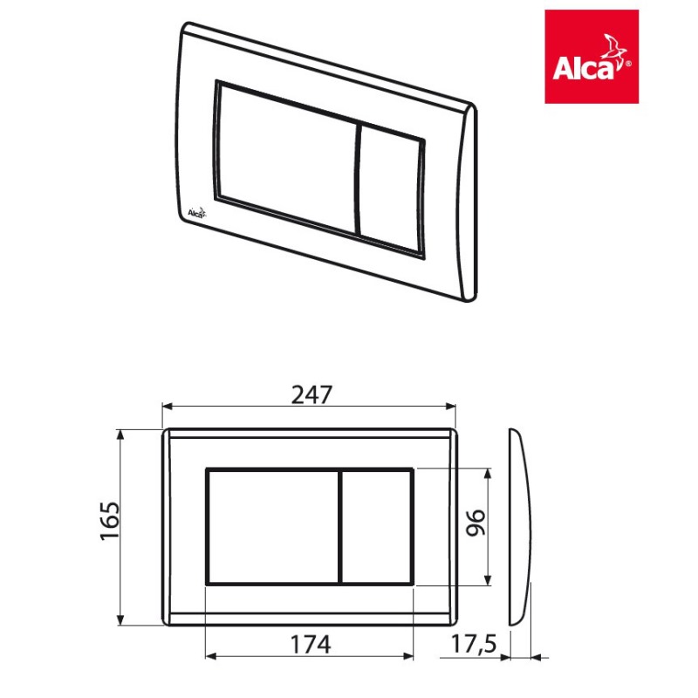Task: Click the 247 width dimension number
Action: [311, 395]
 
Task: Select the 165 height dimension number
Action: [110, 521]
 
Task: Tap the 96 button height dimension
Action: [475, 523]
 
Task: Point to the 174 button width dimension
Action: [311, 645]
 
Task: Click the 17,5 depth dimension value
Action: [474, 644]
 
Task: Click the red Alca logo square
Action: [592, 57]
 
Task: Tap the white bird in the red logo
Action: [613, 47]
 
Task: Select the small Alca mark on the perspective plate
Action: [196, 213]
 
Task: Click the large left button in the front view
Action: [273, 527]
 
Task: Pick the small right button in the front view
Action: [376, 527]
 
